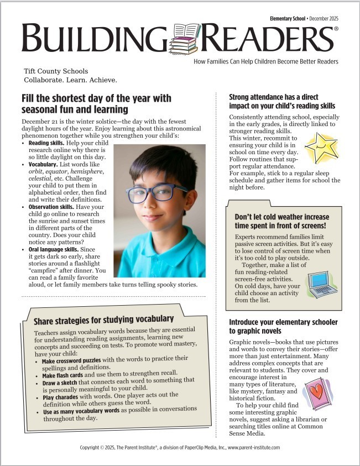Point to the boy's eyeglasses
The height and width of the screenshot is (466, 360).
coord(157,192)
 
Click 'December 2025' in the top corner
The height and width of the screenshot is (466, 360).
coord(321,18)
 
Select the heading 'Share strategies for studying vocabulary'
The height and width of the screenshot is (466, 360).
coord(103,319)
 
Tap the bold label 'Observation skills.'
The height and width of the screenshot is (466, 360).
coord(55,207)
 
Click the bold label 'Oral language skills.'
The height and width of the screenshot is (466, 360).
coord(56,250)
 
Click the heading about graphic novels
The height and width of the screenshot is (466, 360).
coord(283,326)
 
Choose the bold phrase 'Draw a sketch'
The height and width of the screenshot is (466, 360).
coord(61,381)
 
